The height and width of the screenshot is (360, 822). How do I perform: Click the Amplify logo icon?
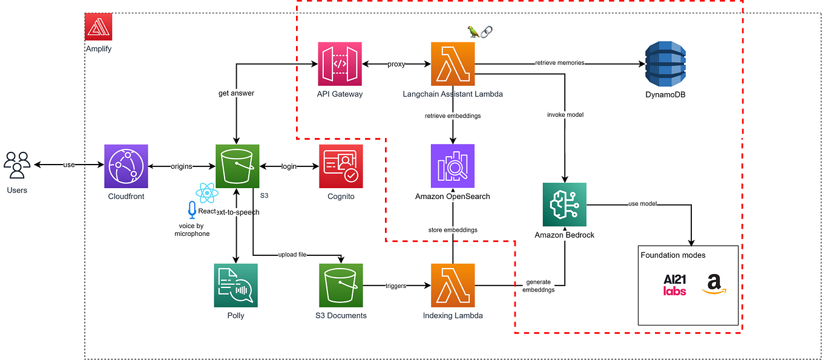pos(99,27)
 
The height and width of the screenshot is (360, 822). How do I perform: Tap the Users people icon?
pos(17,165)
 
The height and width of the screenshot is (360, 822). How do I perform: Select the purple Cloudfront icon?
pos(126,166)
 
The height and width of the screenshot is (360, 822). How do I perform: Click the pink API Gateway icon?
pos(340,64)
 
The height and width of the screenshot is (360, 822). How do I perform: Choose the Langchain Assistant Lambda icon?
pos(453,64)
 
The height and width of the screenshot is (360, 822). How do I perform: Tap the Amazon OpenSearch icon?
pos(453,166)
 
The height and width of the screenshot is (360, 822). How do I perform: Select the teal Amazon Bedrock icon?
pos(564,204)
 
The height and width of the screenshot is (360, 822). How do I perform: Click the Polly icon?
pos(235,285)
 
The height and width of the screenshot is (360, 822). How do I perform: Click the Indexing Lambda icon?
pos(453,285)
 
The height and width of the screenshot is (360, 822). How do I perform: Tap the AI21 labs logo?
pos(674,284)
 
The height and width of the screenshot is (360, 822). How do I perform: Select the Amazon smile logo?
pos(714,284)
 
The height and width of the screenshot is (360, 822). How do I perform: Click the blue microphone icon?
pos(192,210)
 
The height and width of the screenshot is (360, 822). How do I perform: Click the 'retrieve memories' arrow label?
pos(559,63)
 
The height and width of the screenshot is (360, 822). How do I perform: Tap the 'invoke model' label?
pos(564,114)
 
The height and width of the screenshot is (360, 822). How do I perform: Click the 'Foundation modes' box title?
pos(672,255)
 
